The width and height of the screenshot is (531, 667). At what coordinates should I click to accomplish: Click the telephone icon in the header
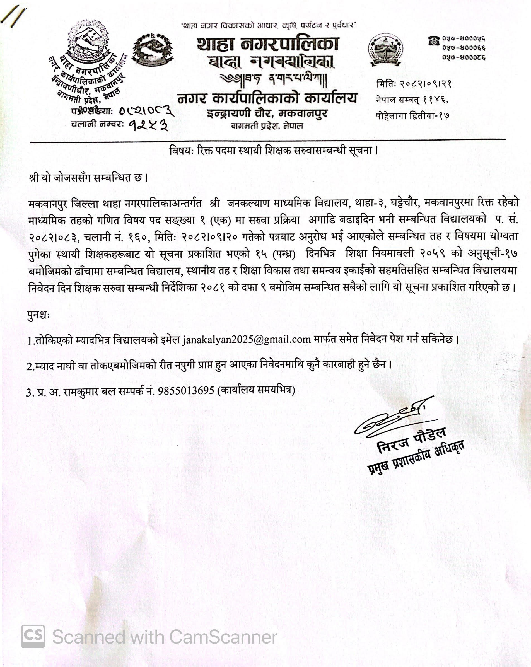(x=434, y=40)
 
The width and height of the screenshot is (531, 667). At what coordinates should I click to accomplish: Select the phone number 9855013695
(x=186, y=391)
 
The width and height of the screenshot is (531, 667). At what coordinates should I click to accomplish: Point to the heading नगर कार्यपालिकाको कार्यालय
(x=267, y=98)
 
